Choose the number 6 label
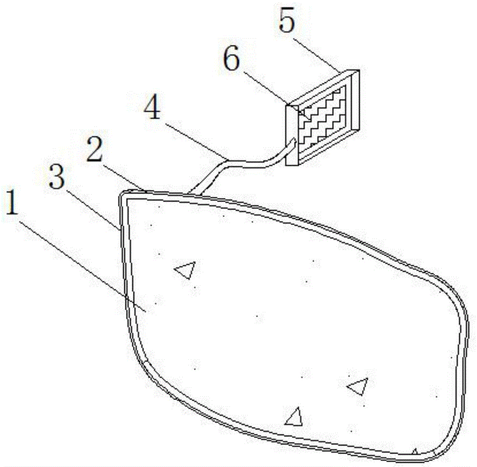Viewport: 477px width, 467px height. point(232,62)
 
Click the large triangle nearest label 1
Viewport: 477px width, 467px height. point(186,270)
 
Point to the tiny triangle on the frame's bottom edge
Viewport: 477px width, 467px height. point(415,451)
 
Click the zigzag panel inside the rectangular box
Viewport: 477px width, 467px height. point(326,114)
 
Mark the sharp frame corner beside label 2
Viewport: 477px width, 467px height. point(122,194)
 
